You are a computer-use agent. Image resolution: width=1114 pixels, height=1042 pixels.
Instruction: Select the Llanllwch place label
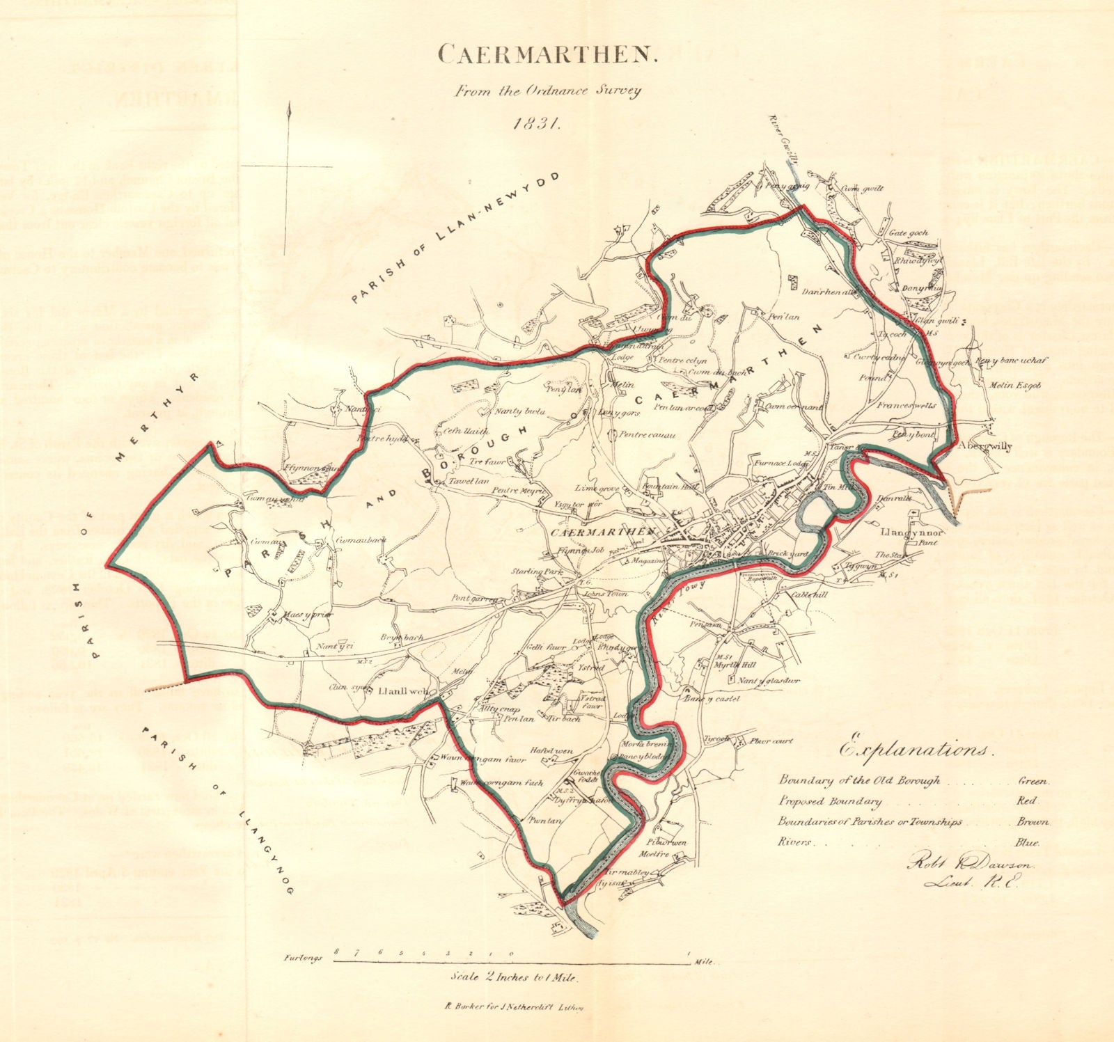coord(398,692)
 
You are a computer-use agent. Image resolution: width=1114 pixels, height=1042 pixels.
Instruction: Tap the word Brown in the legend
coord(1035,822)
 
